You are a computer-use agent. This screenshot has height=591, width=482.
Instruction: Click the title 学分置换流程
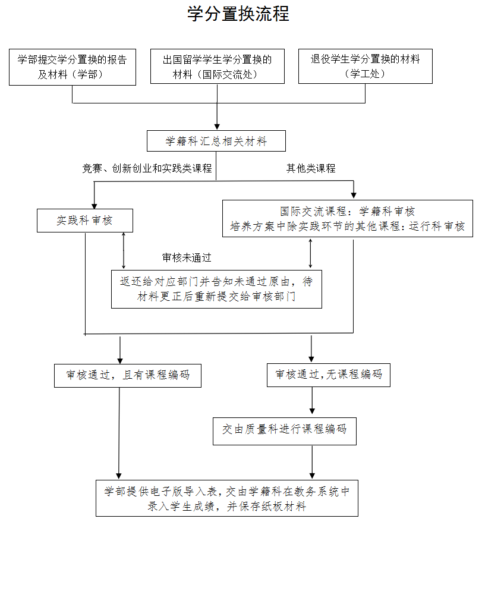click(x=238, y=14)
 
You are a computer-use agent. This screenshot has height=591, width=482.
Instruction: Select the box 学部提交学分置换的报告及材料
click(x=73, y=67)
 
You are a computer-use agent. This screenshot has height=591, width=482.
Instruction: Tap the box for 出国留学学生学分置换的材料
click(x=218, y=67)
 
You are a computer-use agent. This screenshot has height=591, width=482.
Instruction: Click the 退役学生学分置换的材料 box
click(x=365, y=67)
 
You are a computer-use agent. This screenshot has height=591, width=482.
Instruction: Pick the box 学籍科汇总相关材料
click(x=216, y=141)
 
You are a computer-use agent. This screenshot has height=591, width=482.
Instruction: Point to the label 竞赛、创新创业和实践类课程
click(x=147, y=168)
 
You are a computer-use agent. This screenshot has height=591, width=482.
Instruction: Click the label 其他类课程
click(x=311, y=168)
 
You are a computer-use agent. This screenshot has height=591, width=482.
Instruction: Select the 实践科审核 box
click(x=85, y=221)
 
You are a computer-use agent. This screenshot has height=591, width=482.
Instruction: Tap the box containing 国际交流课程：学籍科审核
click(x=348, y=219)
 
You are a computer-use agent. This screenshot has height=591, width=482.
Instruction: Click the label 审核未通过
click(x=187, y=258)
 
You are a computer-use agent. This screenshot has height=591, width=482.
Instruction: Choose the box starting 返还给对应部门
click(x=216, y=289)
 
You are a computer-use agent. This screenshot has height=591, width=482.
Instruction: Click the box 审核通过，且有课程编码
click(x=128, y=375)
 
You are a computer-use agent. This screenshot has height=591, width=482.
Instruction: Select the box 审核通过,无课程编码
click(x=329, y=375)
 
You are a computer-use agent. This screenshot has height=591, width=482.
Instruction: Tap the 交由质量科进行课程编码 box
click(x=285, y=431)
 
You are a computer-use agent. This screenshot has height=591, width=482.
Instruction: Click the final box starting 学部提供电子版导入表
click(x=227, y=498)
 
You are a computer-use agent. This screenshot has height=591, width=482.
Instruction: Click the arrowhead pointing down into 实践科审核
click(x=94, y=206)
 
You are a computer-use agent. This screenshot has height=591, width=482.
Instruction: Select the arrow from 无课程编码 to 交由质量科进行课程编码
click(x=312, y=401)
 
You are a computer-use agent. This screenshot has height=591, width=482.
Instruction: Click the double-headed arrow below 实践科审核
click(x=124, y=251)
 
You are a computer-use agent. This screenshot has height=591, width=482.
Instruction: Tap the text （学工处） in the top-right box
click(x=365, y=74)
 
